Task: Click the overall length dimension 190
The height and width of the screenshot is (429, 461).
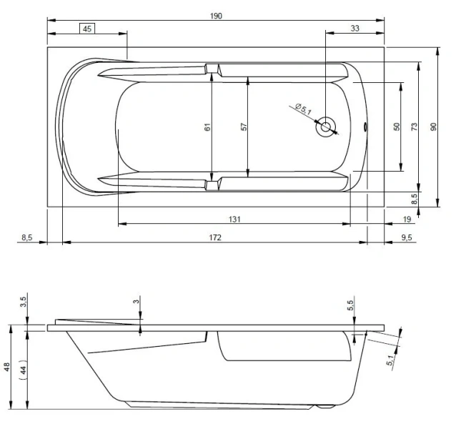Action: click(x=217, y=16)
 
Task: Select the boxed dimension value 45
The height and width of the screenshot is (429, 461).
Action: click(x=86, y=29)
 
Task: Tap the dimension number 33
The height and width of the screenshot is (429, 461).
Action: click(x=355, y=29)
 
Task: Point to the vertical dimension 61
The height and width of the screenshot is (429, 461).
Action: click(x=207, y=127)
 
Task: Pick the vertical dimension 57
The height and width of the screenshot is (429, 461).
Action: click(x=244, y=127)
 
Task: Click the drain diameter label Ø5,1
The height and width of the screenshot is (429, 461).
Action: click(x=303, y=109)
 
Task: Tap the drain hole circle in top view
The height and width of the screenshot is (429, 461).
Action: click(x=327, y=128)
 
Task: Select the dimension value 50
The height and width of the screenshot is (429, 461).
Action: click(x=396, y=127)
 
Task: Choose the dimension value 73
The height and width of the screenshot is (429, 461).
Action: click(x=414, y=127)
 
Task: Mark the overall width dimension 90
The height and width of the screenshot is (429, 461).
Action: click(x=432, y=127)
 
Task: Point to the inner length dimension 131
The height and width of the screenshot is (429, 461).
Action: click(x=234, y=219)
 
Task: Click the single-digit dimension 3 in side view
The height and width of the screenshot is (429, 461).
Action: click(x=136, y=302)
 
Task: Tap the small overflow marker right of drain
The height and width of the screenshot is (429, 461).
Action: click(x=367, y=129)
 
